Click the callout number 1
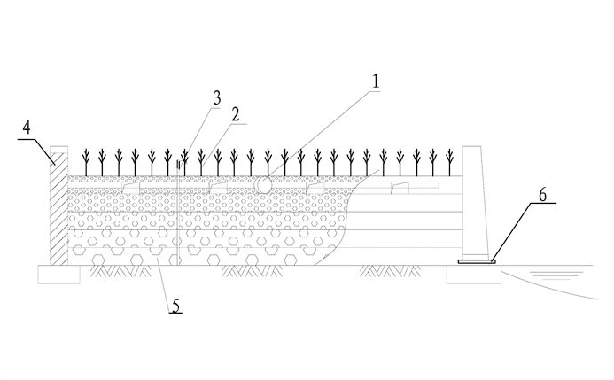[x=376, y=81]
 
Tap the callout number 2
[x=236, y=113]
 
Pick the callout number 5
[x=176, y=306]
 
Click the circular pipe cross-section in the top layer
[x=265, y=184]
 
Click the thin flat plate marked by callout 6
[x=476, y=261]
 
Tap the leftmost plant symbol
[x=86, y=160]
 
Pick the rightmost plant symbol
[x=433, y=160]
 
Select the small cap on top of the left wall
[x=58, y=152]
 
